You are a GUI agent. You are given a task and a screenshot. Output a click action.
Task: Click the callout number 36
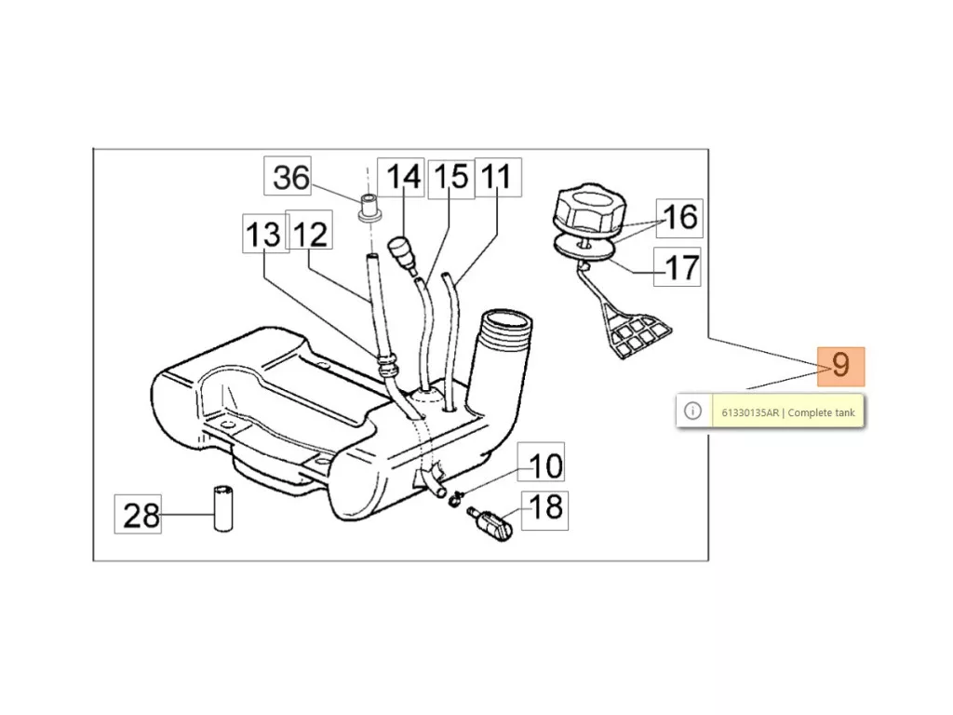click(288, 176)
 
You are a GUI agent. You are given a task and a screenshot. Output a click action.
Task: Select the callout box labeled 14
click(401, 177)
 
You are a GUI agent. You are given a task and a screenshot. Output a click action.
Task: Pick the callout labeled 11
click(498, 177)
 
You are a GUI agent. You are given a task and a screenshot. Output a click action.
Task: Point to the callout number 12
click(309, 231)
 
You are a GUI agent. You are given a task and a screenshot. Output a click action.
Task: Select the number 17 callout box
click(678, 266)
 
